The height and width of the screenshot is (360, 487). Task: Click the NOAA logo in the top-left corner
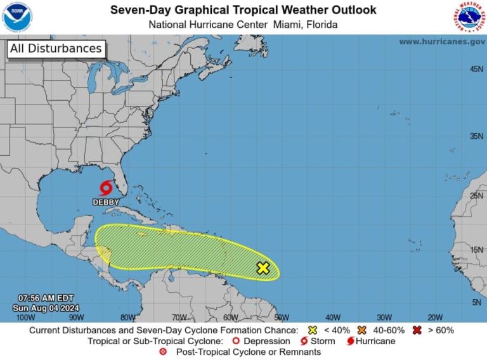click(x=17, y=17)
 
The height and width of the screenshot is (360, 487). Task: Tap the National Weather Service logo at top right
click(x=469, y=17)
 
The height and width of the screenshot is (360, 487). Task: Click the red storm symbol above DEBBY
click(x=106, y=188)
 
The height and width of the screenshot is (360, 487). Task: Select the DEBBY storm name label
click(x=106, y=202)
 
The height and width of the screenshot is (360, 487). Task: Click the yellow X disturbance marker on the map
click(x=263, y=268)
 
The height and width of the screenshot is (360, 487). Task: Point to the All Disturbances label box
click(x=56, y=49)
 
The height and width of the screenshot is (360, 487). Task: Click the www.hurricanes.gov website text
click(x=442, y=41)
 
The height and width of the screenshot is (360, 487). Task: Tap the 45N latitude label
click(x=476, y=68)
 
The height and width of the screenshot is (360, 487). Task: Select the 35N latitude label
click(x=476, y=136)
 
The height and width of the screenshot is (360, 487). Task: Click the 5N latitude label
click(x=477, y=303)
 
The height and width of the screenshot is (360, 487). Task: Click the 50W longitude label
click(x=281, y=317)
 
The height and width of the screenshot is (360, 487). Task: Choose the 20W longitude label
click(x=434, y=317)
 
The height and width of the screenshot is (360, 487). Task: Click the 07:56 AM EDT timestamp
click(x=46, y=298)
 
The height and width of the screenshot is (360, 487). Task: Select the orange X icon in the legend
click(x=362, y=330)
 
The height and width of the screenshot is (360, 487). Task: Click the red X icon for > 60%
click(x=417, y=330)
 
